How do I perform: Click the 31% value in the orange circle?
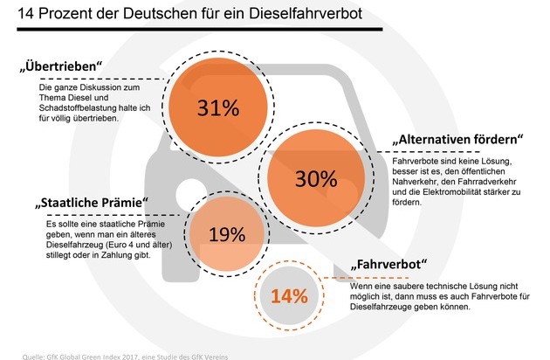click(x=218, y=107)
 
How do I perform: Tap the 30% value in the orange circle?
click(x=316, y=178)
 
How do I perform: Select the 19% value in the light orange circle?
click(x=227, y=235)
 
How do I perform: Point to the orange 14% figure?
click(x=289, y=296)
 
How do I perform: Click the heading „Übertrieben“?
click(x=61, y=66)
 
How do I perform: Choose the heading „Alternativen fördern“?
click(x=457, y=139)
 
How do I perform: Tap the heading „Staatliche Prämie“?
click(x=92, y=203)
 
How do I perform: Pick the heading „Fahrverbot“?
click(x=388, y=264)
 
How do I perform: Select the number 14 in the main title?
click(x=26, y=14)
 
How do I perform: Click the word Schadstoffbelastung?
click(x=78, y=107)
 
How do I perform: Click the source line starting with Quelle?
click(x=125, y=357)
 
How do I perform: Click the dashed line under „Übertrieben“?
click(x=102, y=80)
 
